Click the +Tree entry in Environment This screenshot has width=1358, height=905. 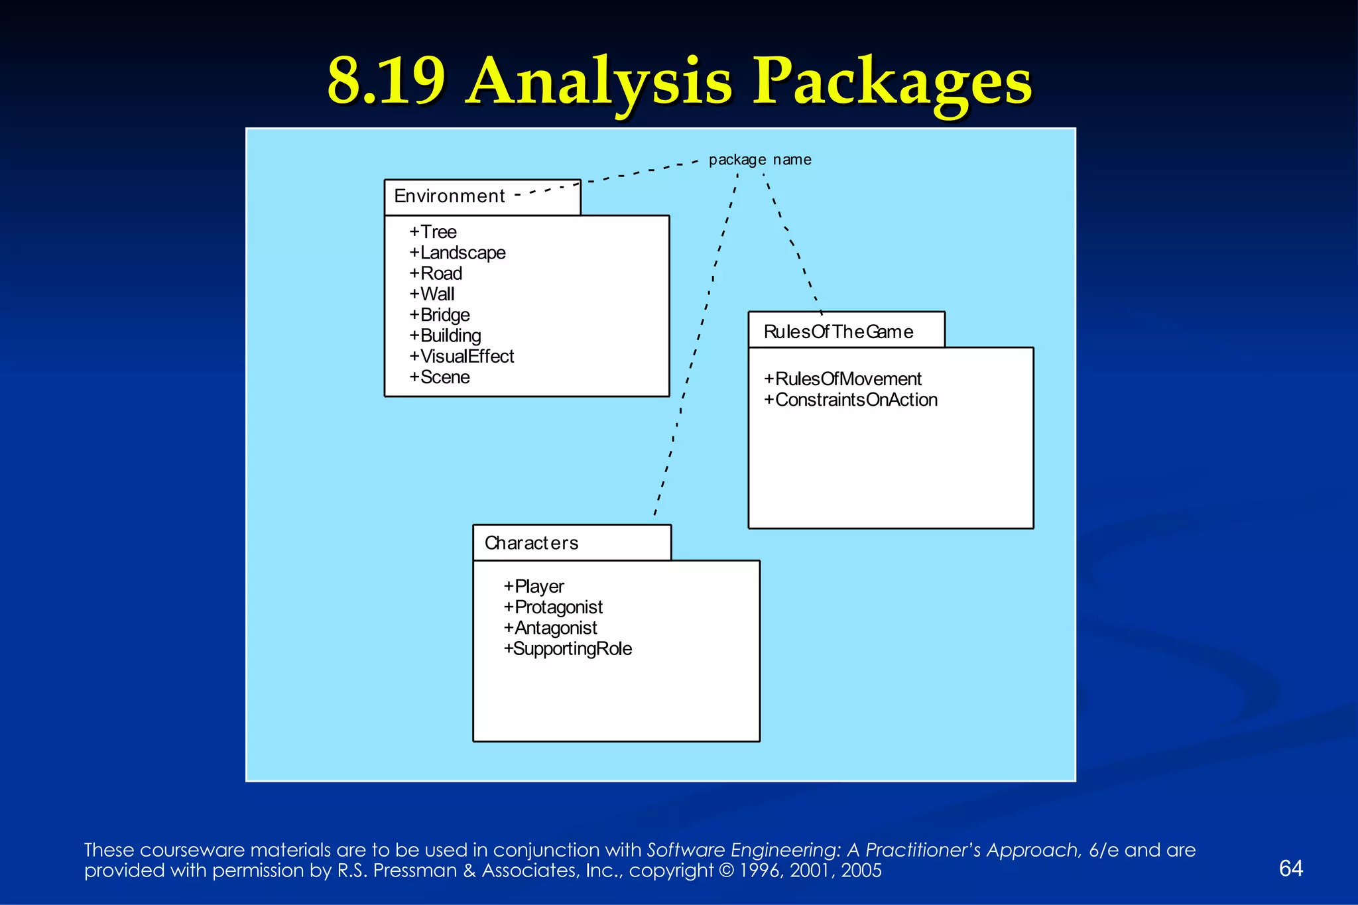point(433,232)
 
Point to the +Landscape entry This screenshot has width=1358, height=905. point(458,253)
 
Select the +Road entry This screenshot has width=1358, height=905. point(436,273)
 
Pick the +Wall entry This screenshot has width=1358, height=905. point(432,294)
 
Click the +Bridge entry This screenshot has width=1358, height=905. point(440,315)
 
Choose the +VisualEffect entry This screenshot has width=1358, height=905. point(462,357)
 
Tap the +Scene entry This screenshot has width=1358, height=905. point(440,377)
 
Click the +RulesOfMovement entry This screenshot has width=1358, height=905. point(842,379)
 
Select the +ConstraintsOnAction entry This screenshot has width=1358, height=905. point(850,400)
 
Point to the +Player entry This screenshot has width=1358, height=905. point(534,587)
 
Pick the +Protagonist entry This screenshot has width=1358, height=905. point(553,607)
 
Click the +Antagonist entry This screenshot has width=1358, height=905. point(550,628)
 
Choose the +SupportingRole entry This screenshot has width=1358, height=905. point(568,648)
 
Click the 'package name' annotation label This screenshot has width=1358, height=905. point(760,160)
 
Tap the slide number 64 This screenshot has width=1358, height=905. point(1290,869)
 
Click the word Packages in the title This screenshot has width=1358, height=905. point(892,82)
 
